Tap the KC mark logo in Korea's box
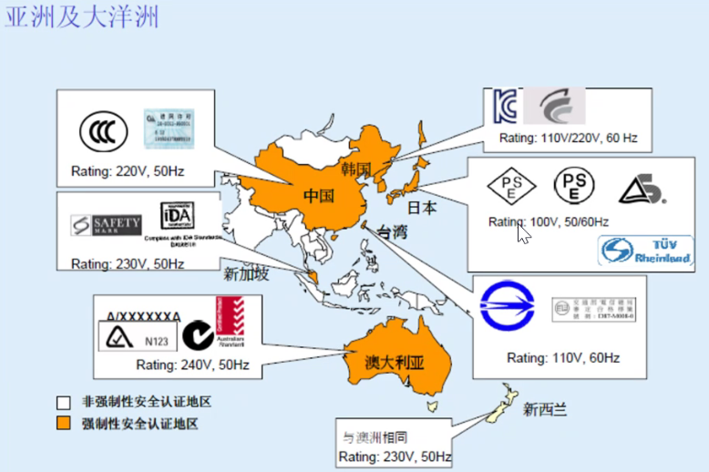pos(505,107)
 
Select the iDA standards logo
pos(177,216)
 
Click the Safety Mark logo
pos(107,223)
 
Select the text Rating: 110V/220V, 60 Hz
pos(569,139)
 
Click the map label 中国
pos(319,196)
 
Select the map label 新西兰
pos(545,409)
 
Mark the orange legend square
pos(63,423)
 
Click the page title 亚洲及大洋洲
pos(82,17)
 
